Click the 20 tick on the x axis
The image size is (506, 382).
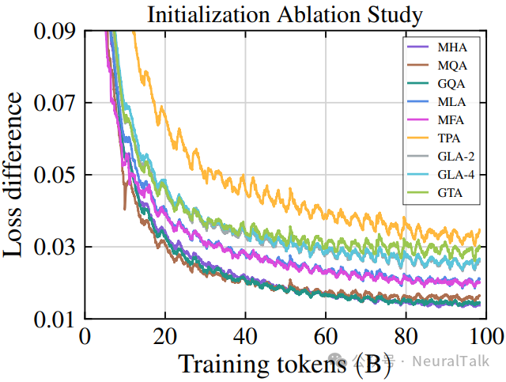point(164,335)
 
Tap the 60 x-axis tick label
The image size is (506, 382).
point(325,335)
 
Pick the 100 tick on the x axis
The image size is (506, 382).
point(484,335)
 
